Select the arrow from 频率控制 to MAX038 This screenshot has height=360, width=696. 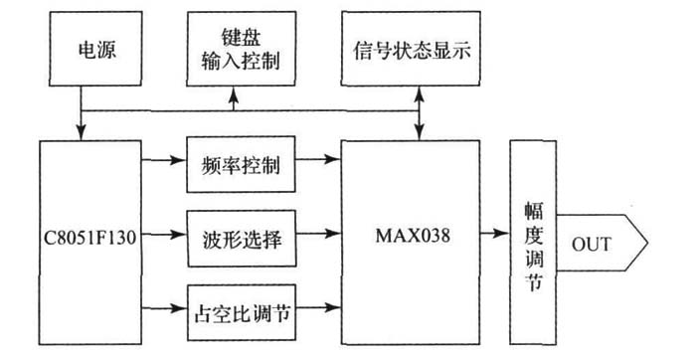pos(317,159)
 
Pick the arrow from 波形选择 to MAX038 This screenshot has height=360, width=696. pos(317,237)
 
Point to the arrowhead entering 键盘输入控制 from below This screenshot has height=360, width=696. pos(234,96)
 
